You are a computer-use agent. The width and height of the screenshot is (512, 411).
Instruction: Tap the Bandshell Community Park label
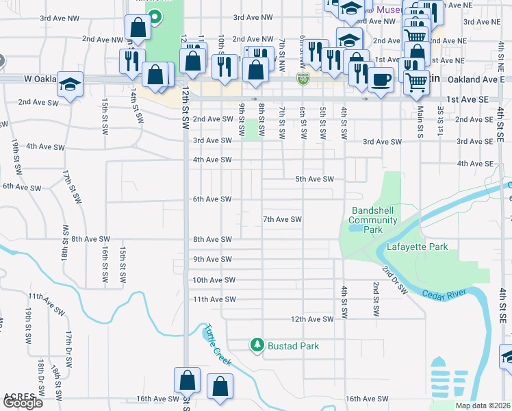pyautogui.click(x=373, y=220)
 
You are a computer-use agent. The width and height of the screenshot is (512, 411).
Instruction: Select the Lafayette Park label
pyautogui.click(x=418, y=247)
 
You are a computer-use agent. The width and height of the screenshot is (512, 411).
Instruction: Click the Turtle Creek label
pyautogui.click(x=215, y=343)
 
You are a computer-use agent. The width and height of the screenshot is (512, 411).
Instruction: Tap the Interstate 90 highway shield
pyautogui.click(x=303, y=80)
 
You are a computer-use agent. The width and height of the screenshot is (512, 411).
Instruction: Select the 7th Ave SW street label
pyautogui.click(x=283, y=219)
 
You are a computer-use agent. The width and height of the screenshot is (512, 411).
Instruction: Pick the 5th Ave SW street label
pyautogui.click(x=314, y=179)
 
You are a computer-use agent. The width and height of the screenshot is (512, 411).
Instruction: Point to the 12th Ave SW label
pyautogui.click(x=311, y=319)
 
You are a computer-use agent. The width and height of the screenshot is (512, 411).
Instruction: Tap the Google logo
pyautogui.click(x=23, y=403)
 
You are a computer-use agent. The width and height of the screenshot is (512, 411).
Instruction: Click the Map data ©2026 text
pyautogui.click(x=483, y=406)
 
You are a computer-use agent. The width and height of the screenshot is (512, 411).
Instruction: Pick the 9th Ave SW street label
pyautogui.click(x=214, y=259)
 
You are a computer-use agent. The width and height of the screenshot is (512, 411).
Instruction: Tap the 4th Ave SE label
pyautogui.click(x=474, y=164)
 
